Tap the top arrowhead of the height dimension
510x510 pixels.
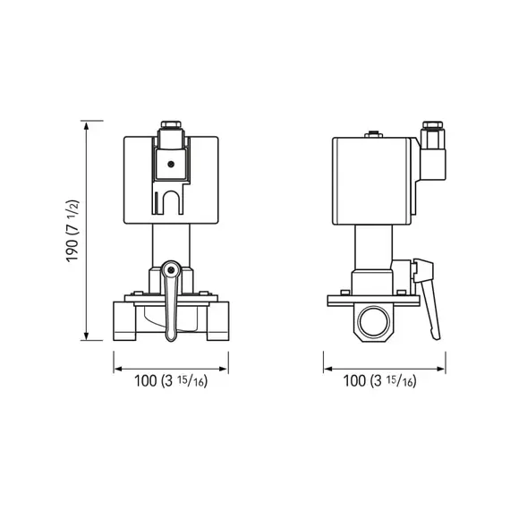pos(87,124)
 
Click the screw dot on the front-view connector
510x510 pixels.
pos(169,164)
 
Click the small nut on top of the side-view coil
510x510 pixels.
pos(367,135)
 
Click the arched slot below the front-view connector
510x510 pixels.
pos(170,202)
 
